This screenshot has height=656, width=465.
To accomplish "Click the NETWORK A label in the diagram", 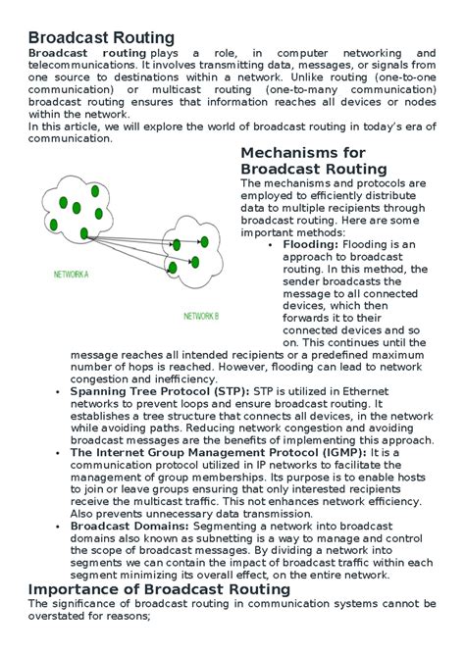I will pyautogui.click(x=71, y=276).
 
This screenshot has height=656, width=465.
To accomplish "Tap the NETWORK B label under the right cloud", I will pyautogui.click(x=201, y=316).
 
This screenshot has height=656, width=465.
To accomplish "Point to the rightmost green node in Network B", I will pyautogui.click(x=207, y=239).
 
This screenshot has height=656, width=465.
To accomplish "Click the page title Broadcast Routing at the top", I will pyautogui.click(x=101, y=37).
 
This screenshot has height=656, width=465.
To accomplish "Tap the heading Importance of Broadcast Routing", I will pyautogui.click(x=159, y=589).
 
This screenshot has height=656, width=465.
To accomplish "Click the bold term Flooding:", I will pyautogui.click(x=310, y=244).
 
